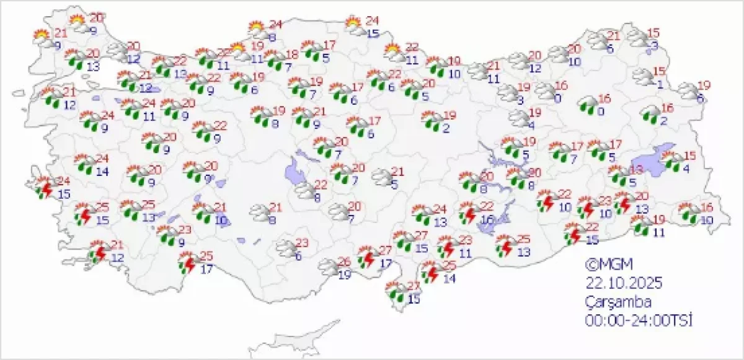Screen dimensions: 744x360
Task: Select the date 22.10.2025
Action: (x=624, y=283)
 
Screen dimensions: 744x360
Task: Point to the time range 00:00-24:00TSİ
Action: (x=639, y=320)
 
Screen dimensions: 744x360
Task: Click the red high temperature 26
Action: (x=345, y=261)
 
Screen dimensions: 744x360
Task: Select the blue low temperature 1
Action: (x=660, y=85)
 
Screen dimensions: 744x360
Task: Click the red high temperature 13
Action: (x=636, y=170)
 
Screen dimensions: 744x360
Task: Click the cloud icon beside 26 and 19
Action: (x=329, y=268)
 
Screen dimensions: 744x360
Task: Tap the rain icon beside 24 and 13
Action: (x=423, y=215)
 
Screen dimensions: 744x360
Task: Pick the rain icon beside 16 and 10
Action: (x=688, y=213)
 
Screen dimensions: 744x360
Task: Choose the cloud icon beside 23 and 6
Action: (x=286, y=248)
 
